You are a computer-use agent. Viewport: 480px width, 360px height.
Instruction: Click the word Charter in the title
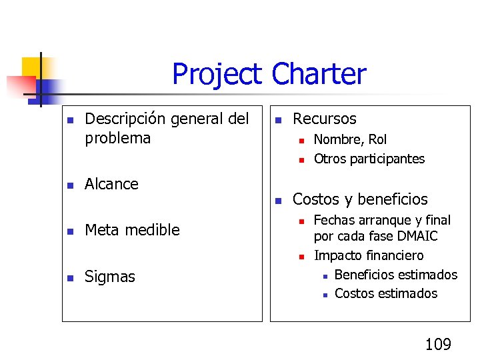tap(319, 74)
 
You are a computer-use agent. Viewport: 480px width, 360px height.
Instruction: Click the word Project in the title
tap(217, 74)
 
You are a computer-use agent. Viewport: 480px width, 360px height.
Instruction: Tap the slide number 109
tap(438, 344)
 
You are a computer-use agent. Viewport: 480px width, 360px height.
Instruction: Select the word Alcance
tap(111, 184)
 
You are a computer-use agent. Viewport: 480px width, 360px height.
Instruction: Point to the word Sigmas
tap(109, 277)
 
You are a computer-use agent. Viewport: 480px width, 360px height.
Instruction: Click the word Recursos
tap(325, 119)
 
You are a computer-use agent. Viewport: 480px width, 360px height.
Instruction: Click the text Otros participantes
tap(369, 159)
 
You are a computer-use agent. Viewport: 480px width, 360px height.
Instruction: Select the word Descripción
tap(125, 119)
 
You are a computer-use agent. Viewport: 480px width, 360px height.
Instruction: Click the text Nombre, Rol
tap(350, 139)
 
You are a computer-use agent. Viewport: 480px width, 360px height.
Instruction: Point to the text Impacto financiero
tap(368, 255)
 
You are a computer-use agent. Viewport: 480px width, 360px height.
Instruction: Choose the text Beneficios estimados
tap(395, 275)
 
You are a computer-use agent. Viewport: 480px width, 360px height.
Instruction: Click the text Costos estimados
tap(386, 293)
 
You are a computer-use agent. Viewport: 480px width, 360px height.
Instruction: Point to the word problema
tap(118, 138)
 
